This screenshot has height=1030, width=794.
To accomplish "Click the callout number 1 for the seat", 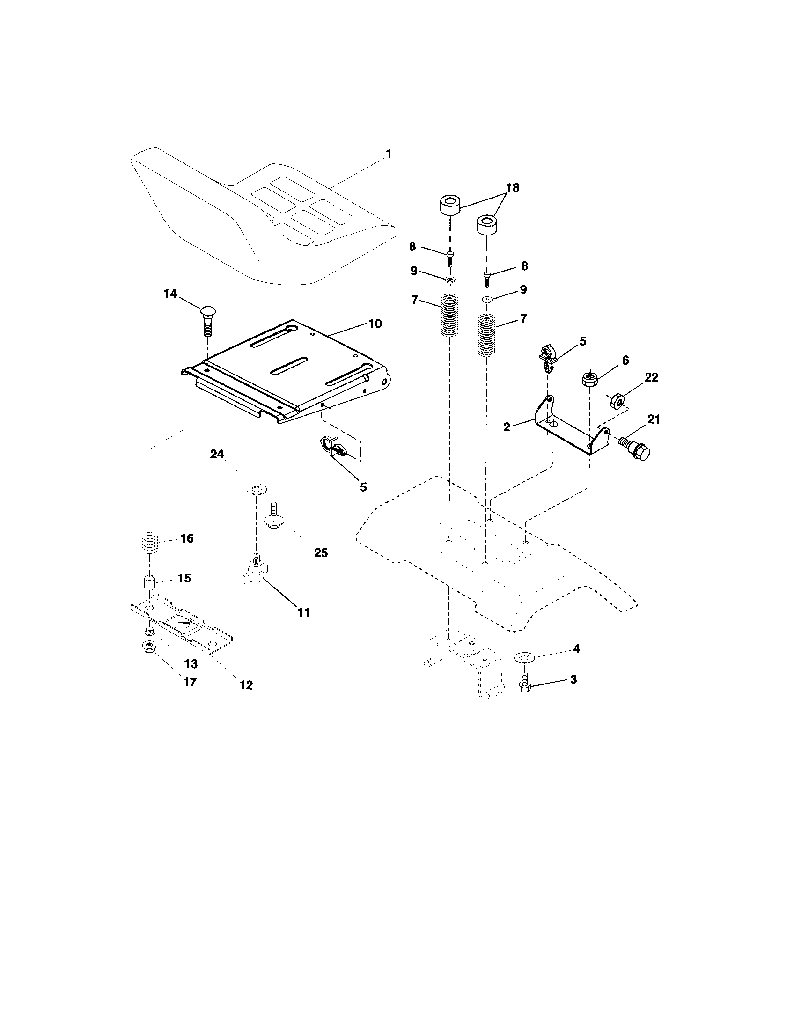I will point(389,154).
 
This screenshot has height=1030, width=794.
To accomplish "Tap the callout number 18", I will point(512,188).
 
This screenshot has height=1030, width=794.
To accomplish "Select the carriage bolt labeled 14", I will point(208,320).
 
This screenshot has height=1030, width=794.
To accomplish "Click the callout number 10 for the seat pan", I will point(375,324).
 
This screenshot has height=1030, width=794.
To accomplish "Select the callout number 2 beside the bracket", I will point(507,427).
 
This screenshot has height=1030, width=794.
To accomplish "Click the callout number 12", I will point(246,685).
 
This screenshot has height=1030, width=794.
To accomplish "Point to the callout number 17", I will point(190,683).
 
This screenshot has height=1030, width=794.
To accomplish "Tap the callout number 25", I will point(321,553).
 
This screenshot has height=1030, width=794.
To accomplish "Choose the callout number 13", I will point(191,664).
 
